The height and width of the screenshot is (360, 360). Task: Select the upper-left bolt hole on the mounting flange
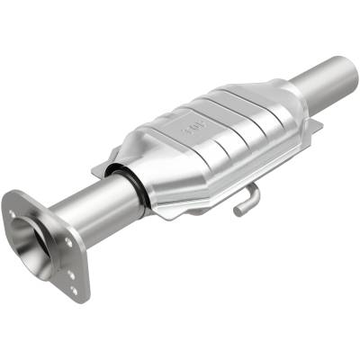point(13,213)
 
